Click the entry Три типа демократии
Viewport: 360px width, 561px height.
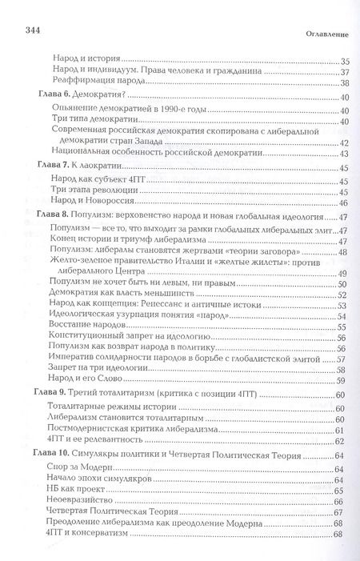(91, 121)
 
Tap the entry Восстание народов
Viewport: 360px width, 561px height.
(91, 327)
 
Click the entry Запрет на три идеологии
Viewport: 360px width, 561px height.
(98, 370)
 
